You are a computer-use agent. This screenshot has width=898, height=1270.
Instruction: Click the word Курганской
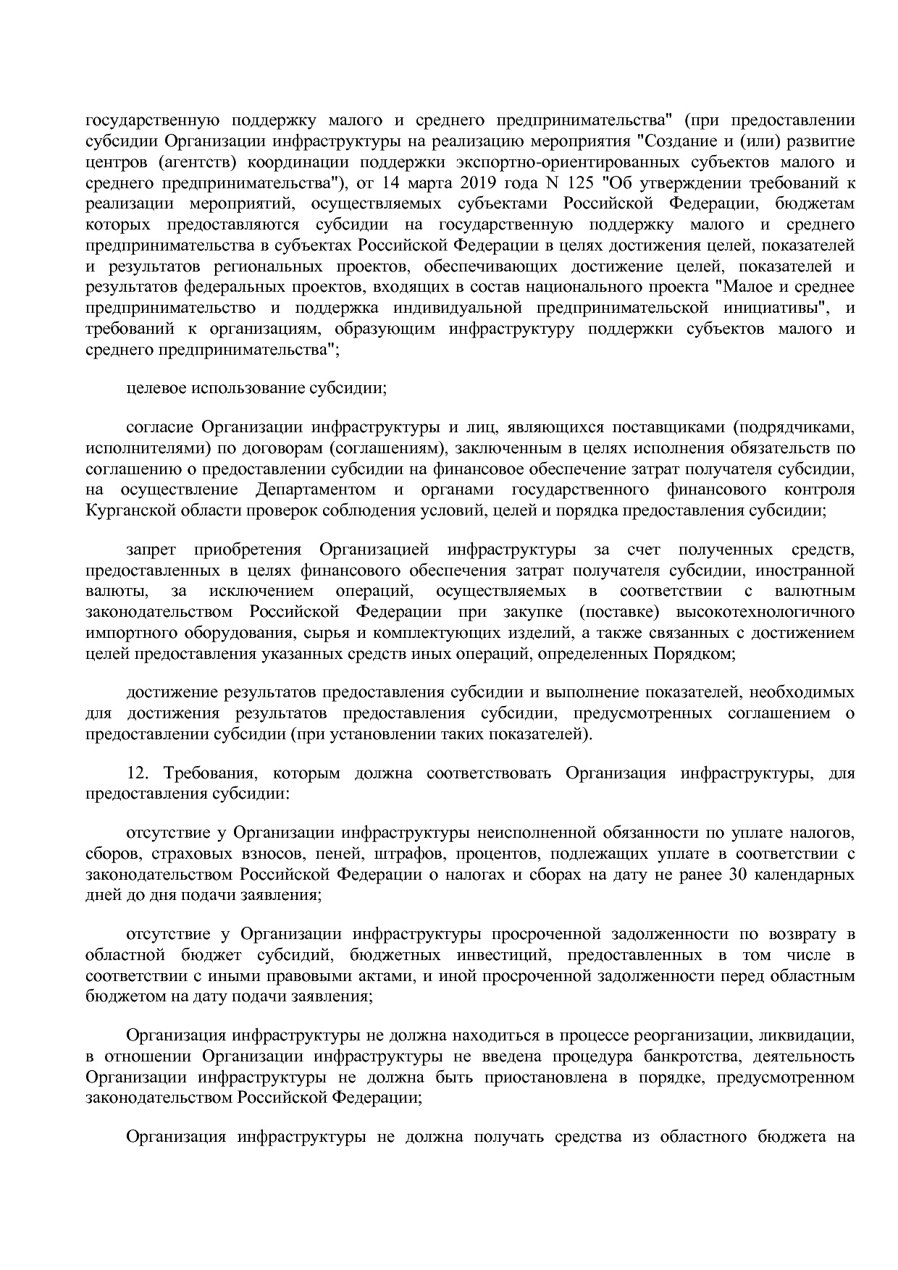pyautogui.click(x=124, y=510)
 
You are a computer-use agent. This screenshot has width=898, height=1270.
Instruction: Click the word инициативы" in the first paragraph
pyautogui.click(x=774, y=308)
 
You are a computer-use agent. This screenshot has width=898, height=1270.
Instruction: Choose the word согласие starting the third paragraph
pyautogui.click(x=159, y=426)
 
